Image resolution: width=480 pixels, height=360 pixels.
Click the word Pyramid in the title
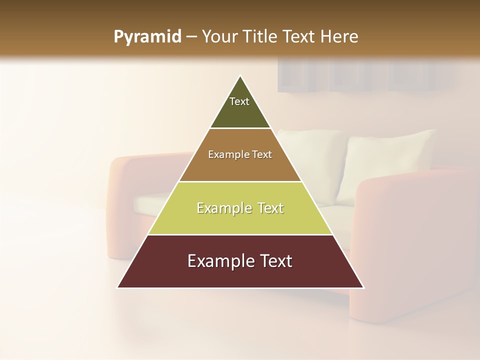[x=147, y=37]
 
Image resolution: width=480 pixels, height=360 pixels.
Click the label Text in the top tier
[x=239, y=101]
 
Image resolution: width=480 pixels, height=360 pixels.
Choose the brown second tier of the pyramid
[x=240, y=167]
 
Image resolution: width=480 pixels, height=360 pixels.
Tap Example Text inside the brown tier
[x=240, y=154]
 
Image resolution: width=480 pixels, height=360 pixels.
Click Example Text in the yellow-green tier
[x=240, y=208]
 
